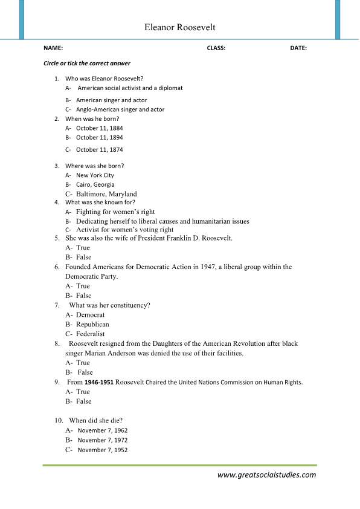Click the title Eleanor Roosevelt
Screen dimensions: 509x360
[179, 28]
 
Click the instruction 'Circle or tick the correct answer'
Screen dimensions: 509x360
[87, 63]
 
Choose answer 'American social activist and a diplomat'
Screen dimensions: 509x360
[130, 88]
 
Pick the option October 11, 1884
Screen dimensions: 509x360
[99, 128]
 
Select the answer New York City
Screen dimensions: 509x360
[95, 175]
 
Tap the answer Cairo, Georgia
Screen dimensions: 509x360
[95, 184]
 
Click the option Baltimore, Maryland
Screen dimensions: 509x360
[106, 194]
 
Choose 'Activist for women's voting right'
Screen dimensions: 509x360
[124, 230]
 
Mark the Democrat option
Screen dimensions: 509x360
[90, 315]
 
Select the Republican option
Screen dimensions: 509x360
[92, 325]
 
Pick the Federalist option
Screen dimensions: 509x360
[90, 334]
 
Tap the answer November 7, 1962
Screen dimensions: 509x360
[103, 430]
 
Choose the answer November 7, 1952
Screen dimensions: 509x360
[103, 450]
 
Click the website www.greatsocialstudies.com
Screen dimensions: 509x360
[266, 475]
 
